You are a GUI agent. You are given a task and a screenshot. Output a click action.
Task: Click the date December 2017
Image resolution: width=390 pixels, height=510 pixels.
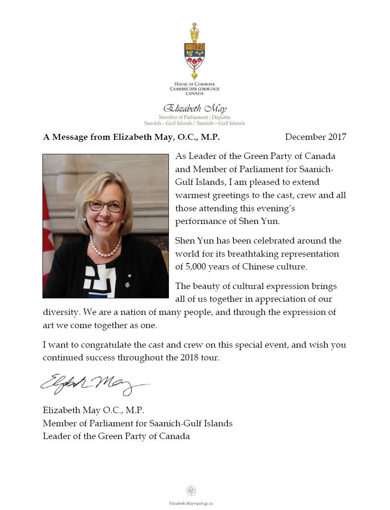315,137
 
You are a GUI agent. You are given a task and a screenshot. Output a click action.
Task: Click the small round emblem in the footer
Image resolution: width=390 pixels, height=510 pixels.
191,491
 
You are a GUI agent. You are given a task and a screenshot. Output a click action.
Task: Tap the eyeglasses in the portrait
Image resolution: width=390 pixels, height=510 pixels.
106,206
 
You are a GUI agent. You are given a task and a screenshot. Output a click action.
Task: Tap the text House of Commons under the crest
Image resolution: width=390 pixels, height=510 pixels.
195,84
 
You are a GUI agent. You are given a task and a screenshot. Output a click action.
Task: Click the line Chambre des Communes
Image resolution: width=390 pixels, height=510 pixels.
195,89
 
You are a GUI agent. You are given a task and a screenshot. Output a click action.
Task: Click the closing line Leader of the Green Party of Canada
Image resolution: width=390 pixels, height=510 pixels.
116,436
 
